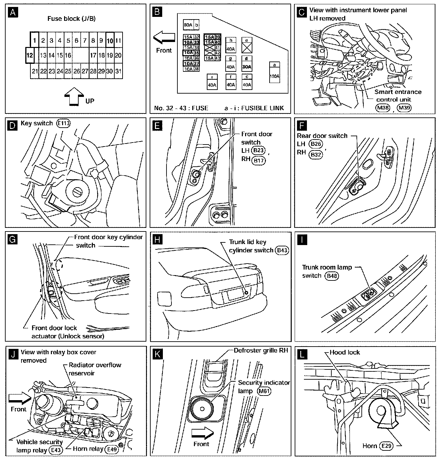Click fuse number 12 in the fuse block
[x=30, y=55]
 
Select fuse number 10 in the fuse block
[x=110, y=41]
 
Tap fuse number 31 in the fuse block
[x=119, y=71]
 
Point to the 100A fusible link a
[x=274, y=76]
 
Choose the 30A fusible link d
[x=246, y=67]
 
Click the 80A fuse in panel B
[x=188, y=25]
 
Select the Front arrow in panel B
[x=164, y=37]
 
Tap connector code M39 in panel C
[x=403, y=107]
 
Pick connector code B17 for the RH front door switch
[x=258, y=161]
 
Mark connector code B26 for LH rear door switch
[x=315, y=144]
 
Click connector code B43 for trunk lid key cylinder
[x=282, y=250]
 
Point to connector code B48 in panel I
[x=332, y=276]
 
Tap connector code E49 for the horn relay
[x=111, y=449]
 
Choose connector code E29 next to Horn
[x=386, y=446]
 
